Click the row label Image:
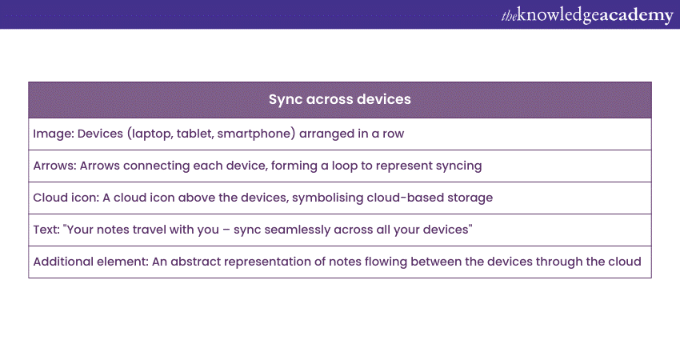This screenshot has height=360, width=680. tap(54, 134)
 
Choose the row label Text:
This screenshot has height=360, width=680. tap(46, 230)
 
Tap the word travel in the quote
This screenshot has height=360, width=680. tap(149, 230)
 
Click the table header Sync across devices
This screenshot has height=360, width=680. tap(339, 100)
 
